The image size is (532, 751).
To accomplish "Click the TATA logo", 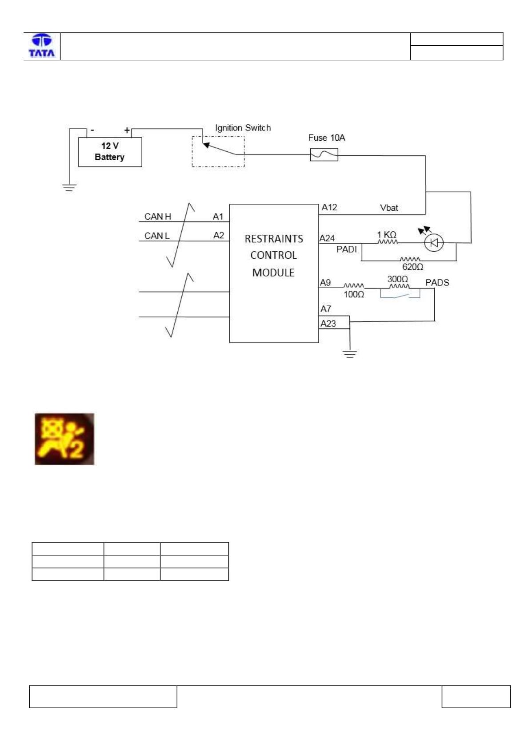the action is coord(42,45).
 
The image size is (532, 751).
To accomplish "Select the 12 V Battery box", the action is coord(110,152).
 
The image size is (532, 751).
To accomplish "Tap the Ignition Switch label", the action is coord(243,128).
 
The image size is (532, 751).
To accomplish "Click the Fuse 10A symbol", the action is coord(324,154).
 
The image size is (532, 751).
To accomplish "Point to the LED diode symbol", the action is coord(434,243).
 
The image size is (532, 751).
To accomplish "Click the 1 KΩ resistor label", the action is coord(387,234).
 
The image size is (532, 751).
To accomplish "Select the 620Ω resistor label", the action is coord(412,267).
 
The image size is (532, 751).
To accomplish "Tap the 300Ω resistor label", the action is coord(398,279).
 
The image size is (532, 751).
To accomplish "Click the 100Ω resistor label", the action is coord(354,294).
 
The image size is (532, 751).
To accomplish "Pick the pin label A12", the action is coord(329,207).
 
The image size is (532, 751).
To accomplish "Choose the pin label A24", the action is coord(327,238).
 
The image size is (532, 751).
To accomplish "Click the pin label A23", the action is coord(328,324).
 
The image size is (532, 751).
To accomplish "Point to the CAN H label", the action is coord(158,217).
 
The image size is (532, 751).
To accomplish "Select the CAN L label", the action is coord(157,236).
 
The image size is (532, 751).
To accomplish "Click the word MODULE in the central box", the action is coord(273,273).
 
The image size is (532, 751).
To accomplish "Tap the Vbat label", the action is coord(389,208).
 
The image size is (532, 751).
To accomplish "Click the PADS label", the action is coord(437,283).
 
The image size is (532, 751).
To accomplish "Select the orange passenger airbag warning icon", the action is coord(64,439).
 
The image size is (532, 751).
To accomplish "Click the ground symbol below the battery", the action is coord(69,187).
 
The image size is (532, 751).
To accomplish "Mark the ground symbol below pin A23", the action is coord(350,354).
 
